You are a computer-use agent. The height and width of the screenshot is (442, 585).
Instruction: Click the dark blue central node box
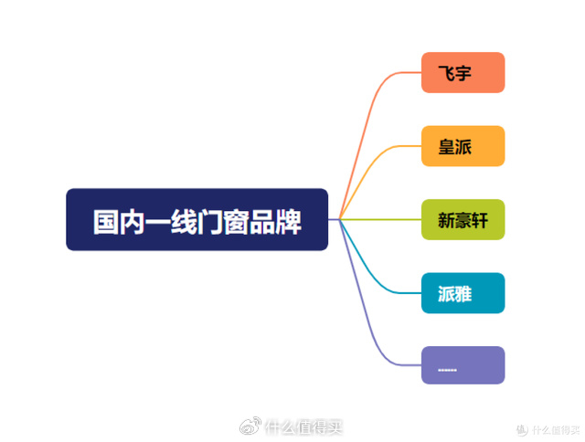point(197,219)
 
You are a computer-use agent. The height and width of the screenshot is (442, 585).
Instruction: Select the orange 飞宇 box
point(463,73)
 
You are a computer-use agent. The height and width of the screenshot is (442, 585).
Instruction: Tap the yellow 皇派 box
point(463,146)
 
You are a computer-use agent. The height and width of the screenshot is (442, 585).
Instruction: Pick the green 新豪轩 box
point(463,219)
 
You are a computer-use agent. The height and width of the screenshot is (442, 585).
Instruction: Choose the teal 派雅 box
point(463,293)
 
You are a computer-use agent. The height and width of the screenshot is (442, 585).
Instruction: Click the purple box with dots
point(463,365)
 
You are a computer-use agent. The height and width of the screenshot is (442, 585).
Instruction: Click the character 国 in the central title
point(107,221)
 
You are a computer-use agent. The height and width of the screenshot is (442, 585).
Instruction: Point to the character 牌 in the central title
point(288,221)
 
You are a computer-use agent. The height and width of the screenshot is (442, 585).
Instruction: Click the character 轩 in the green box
point(481,220)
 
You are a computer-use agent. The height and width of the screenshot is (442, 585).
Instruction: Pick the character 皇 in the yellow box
point(447,147)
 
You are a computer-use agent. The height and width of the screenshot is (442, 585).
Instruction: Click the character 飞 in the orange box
point(447,74)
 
